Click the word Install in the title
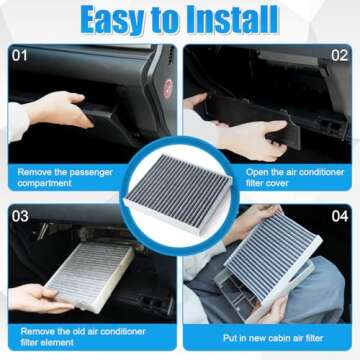tap(231, 20)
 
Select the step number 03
tap(21, 214)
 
